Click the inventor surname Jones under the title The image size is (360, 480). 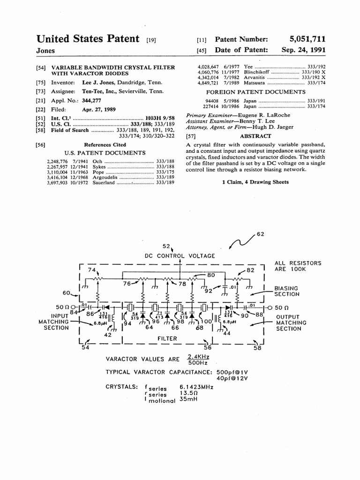pyautogui.click(x=45, y=51)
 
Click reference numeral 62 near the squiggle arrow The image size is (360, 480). pyautogui.click(x=261, y=234)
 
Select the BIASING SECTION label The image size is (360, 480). pyautogui.click(x=287, y=291)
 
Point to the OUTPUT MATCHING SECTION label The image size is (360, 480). pyautogui.click(x=291, y=322)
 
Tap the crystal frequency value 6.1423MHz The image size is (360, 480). pyautogui.click(x=196, y=387)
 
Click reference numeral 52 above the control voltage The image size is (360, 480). pyautogui.click(x=166, y=246)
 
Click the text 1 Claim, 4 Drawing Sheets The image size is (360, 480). pyautogui.click(x=255, y=182)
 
